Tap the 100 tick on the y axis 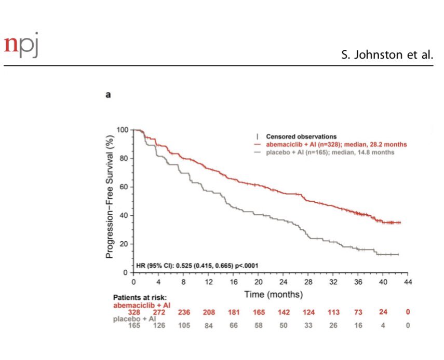point(122,130)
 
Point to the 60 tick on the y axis point(124,187)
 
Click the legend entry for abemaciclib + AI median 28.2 point(330,145)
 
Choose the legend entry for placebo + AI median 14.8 point(325,153)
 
